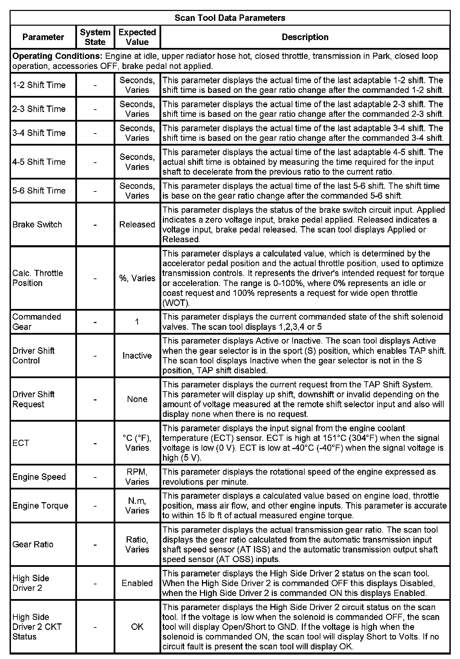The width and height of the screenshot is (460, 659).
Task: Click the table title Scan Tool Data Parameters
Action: pyautogui.click(x=230, y=18)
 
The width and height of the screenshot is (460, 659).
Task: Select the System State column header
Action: pyautogui.click(x=95, y=37)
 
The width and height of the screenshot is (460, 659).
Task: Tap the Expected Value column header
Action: pyautogui.click(x=137, y=37)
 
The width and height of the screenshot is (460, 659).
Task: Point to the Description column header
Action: pyautogui.click(x=305, y=37)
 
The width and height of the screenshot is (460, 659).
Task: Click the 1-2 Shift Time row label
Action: pyautogui.click(x=39, y=85)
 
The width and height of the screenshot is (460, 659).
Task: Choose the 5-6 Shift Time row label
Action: pyautogui.click(x=39, y=190)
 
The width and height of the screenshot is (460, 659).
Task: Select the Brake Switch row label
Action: pyautogui.click(x=37, y=224)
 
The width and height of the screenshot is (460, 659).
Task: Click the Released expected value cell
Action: pyautogui.click(x=137, y=224)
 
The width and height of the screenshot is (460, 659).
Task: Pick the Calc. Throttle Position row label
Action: pyautogui.click(x=37, y=278)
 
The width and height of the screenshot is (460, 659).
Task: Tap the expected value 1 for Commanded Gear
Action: pyautogui.click(x=137, y=322)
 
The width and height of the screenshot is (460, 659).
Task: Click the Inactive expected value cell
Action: pyautogui.click(x=137, y=356)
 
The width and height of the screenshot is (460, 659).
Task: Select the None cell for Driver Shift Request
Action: pyautogui.click(x=137, y=399)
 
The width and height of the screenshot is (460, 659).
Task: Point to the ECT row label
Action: pyautogui.click(x=21, y=443)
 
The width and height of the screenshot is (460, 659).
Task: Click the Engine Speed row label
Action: pyautogui.click(x=39, y=477)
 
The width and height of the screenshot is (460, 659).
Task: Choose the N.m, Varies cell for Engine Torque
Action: pyautogui.click(x=137, y=506)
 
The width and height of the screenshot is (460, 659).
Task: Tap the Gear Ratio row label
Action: pyautogui.click(x=33, y=544)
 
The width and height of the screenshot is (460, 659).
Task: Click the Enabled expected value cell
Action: pyautogui.click(x=137, y=583)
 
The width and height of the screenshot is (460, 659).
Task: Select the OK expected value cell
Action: pyautogui.click(x=137, y=626)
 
